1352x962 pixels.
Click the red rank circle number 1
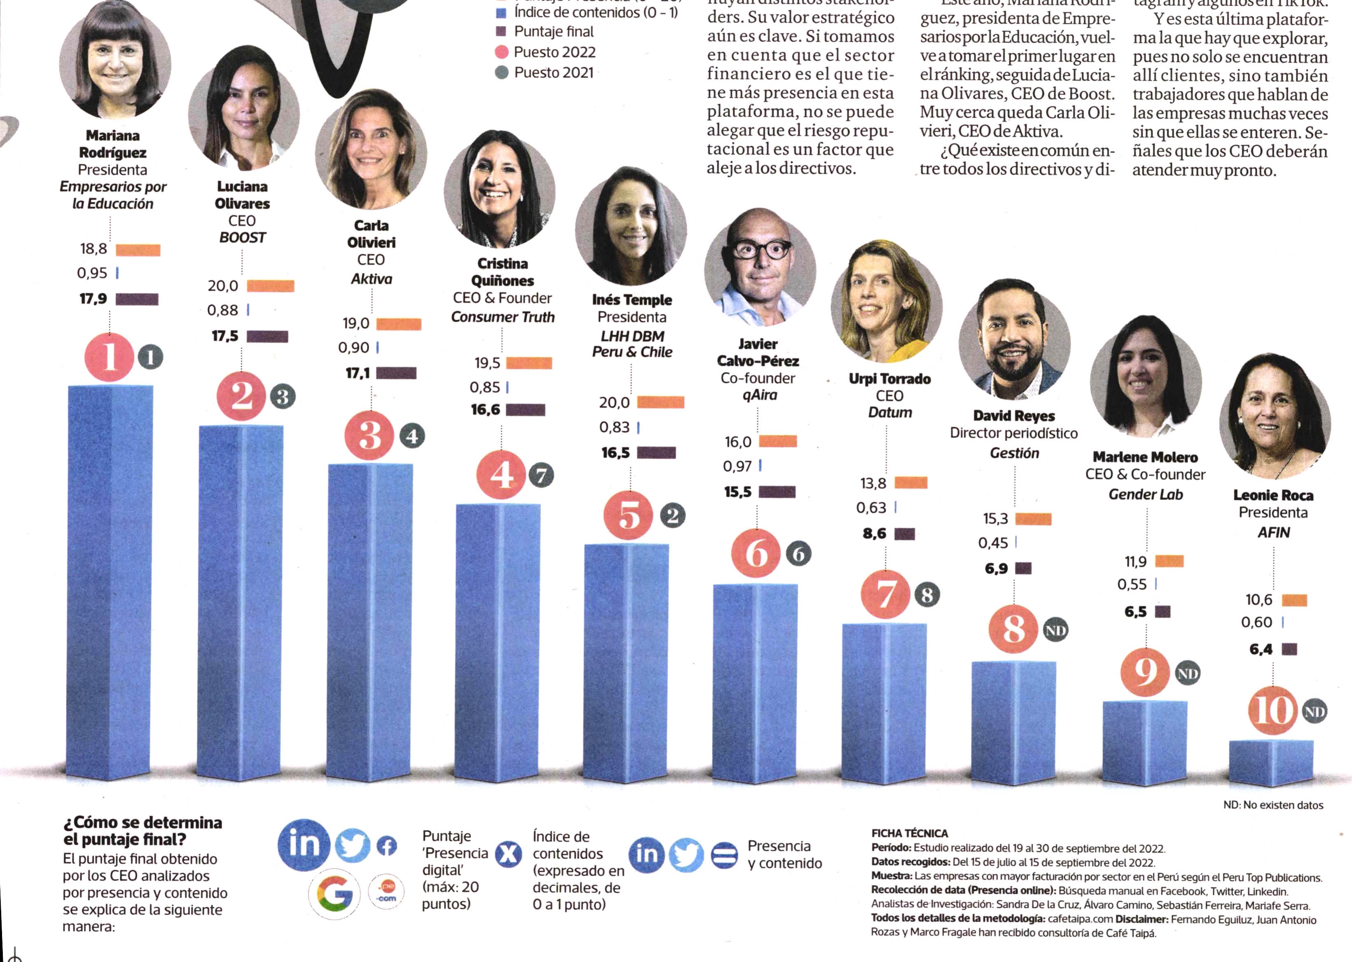click(x=110, y=357)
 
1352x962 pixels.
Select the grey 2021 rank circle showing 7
click(x=541, y=475)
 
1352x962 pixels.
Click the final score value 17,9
click(x=94, y=299)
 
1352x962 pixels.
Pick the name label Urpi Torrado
click(x=889, y=379)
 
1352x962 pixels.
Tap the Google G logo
click(x=334, y=893)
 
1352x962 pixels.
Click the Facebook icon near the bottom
click(x=387, y=846)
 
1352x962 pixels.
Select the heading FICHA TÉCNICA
click(x=910, y=833)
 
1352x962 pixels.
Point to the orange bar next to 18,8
click(x=138, y=250)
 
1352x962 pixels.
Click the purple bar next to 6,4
click(x=1289, y=649)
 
